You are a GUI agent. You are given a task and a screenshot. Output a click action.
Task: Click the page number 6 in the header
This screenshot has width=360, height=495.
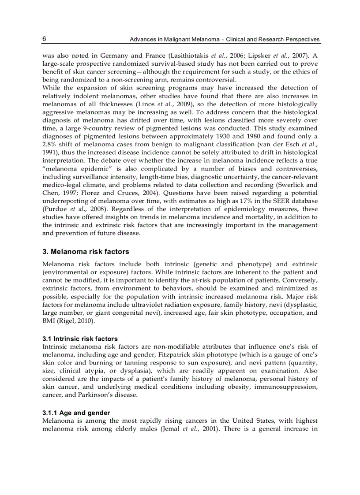(45, 39)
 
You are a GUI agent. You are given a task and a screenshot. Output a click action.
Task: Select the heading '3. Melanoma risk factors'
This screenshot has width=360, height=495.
(86, 252)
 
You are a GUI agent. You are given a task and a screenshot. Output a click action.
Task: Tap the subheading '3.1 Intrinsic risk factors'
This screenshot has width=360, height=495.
(80, 339)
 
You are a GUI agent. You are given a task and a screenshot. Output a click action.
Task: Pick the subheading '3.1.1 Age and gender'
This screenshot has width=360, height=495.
(75, 413)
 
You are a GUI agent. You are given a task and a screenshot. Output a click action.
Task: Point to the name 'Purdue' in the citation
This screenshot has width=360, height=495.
(53, 209)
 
